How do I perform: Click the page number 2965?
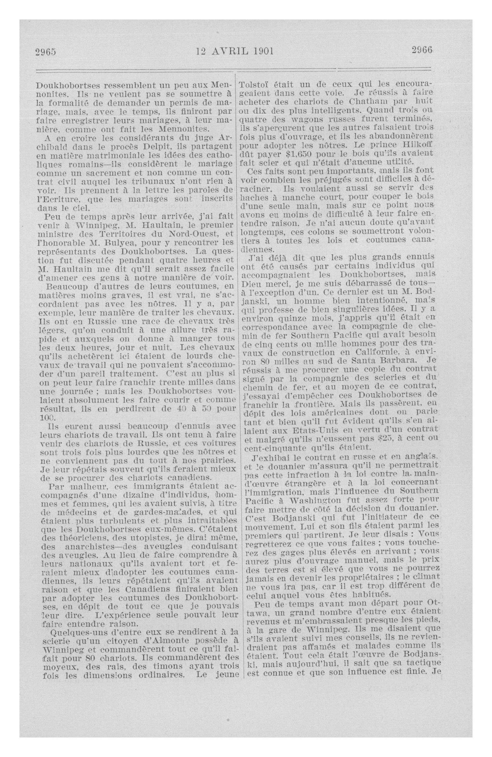45,51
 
